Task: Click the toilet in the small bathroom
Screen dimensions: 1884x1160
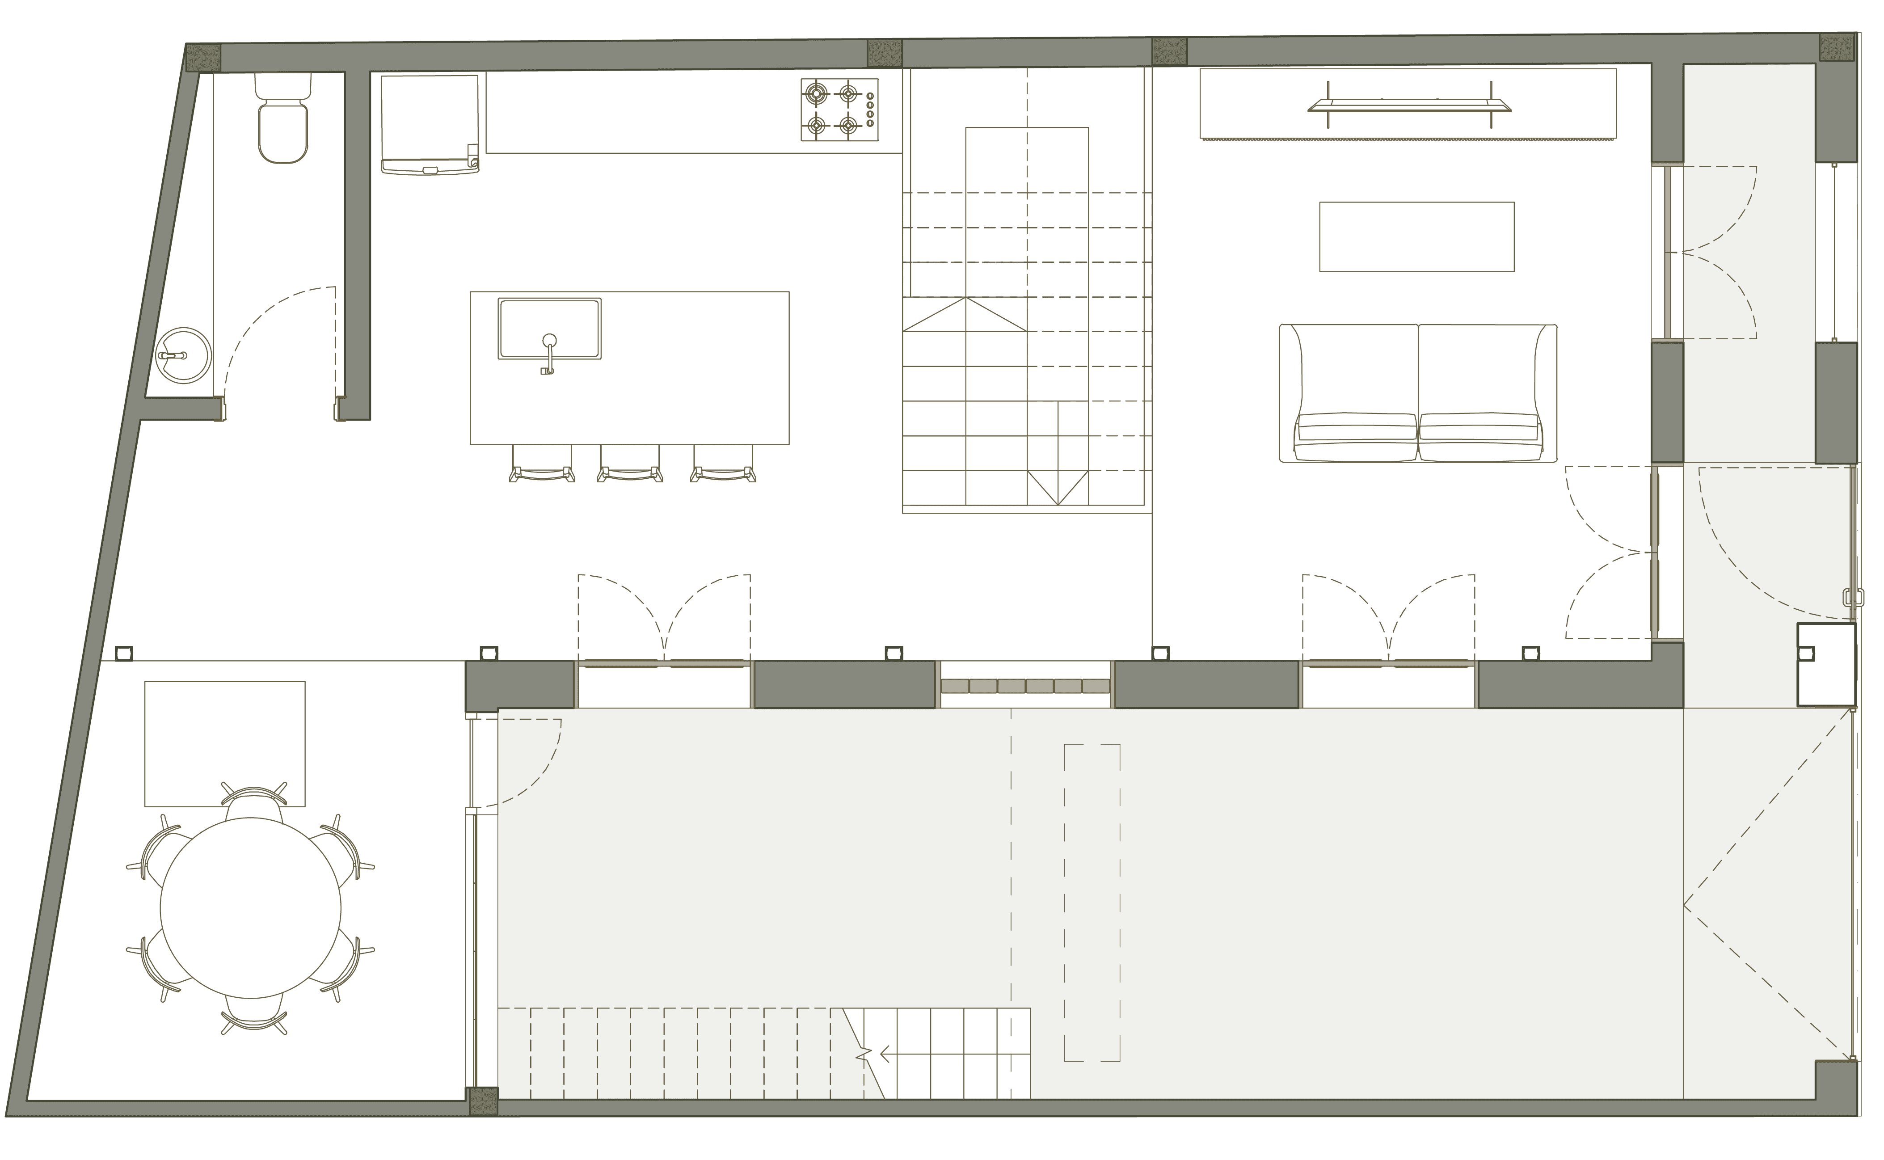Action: tap(283, 123)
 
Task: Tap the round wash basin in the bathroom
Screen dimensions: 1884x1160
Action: tap(182, 356)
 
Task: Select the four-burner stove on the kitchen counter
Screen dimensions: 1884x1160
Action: tap(839, 109)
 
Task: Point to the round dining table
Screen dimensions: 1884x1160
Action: tap(250, 907)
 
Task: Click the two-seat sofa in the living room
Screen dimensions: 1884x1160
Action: tap(1418, 393)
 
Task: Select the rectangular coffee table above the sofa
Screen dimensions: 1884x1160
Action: tap(1416, 236)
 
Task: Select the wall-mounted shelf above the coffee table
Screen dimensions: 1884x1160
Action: tap(1408, 106)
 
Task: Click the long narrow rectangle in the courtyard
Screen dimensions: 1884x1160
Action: tap(1092, 902)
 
